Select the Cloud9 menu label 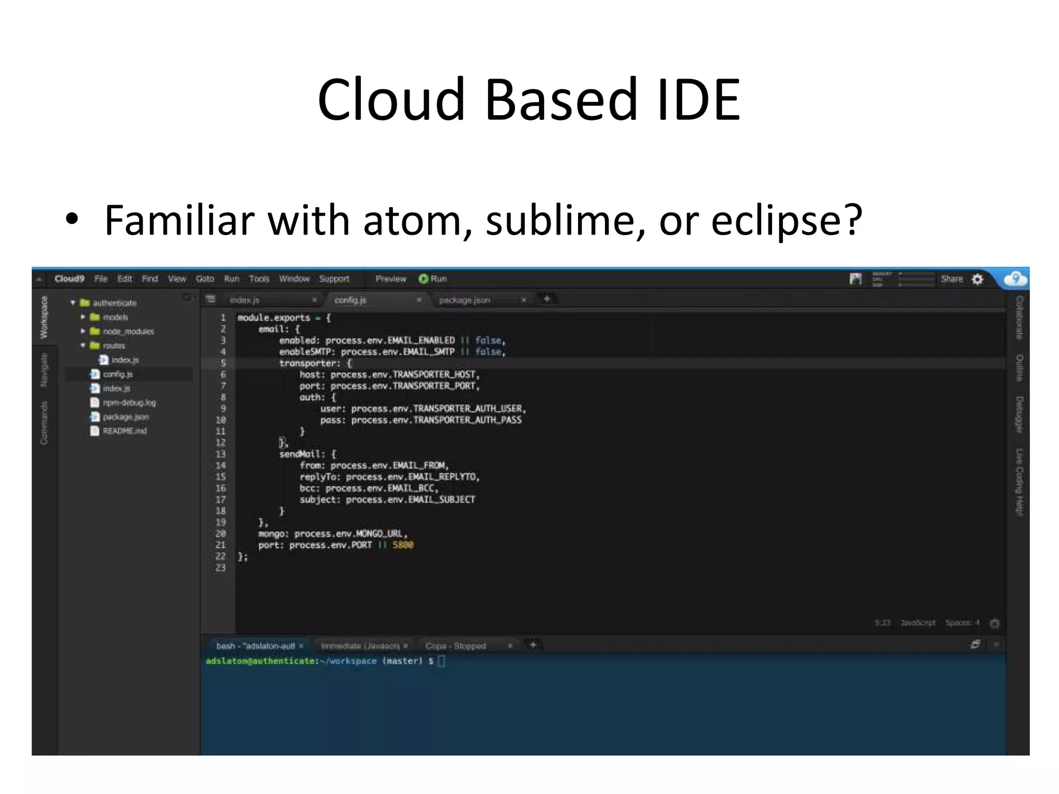[69, 279]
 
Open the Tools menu [259, 279]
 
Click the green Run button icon [423, 279]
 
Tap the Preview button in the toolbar [391, 279]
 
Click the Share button [951, 279]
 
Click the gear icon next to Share [977, 280]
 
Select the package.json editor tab [464, 300]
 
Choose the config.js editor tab [350, 300]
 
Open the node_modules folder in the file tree [128, 331]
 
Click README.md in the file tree [124, 431]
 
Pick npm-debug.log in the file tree [129, 403]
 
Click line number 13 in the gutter [221, 454]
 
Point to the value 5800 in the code [403, 545]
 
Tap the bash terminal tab [255, 646]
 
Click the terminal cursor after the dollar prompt [441, 661]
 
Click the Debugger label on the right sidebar [1019, 415]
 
